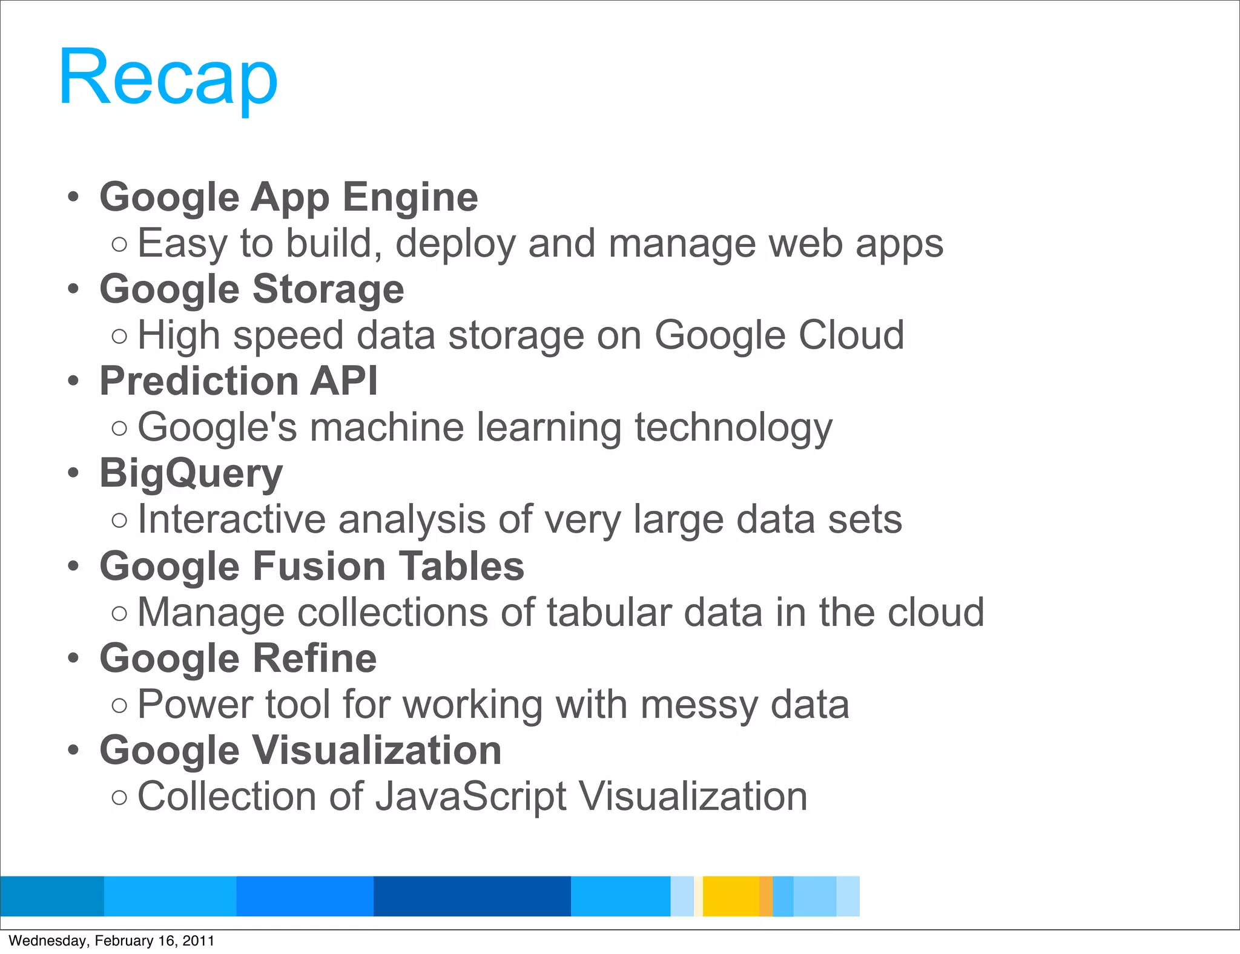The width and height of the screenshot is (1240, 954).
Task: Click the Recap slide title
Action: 168,78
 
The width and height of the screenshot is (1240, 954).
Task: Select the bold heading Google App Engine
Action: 289,197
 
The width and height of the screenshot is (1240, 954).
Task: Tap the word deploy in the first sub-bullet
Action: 455,244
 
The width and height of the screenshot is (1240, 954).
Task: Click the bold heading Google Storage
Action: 252,289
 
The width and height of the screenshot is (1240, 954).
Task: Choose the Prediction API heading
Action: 239,381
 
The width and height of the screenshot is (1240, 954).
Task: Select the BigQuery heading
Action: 191,473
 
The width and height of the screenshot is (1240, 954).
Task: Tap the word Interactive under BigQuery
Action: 232,519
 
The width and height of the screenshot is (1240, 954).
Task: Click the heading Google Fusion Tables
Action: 312,567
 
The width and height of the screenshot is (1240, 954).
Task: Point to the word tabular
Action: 609,613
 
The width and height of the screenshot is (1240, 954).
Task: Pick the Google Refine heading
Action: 238,659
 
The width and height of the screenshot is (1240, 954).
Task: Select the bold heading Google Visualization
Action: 300,751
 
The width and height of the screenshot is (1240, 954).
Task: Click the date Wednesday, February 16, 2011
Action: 111,941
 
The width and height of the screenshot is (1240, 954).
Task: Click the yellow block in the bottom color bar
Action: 730,896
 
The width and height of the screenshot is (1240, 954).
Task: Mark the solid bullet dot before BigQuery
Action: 73,473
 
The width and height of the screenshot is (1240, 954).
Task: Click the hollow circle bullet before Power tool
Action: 120,705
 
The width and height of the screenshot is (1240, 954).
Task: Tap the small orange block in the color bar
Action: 766,896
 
